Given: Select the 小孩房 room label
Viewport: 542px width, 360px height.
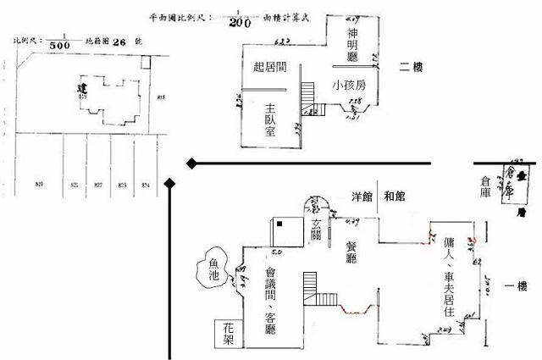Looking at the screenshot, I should (x=349, y=85).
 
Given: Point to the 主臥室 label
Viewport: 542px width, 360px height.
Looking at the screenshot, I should (x=271, y=120).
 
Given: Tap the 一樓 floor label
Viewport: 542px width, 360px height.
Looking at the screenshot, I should (x=516, y=285).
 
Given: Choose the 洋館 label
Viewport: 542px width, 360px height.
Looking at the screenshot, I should (x=362, y=197).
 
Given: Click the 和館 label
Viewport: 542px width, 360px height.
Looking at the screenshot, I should (x=395, y=197).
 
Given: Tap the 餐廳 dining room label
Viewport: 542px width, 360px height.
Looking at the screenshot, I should (x=351, y=252).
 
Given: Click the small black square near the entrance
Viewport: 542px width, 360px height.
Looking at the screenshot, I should (x=279, y=223).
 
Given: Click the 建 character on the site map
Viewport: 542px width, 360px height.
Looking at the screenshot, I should (x=81, y=89).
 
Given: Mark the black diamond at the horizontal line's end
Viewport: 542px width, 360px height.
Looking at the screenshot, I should (x=192, y=162).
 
